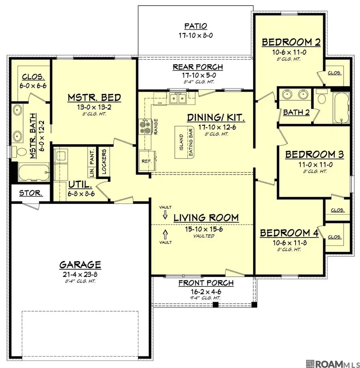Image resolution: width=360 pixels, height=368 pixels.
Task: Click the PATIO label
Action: pos(196,26)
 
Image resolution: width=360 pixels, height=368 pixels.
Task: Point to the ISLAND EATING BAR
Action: pos(186,141)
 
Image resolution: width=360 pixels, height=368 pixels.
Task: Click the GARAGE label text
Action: pos(80,265)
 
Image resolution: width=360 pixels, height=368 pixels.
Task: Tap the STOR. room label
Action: pos(30,193)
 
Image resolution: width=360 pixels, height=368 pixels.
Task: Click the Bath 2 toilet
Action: pos(322,96)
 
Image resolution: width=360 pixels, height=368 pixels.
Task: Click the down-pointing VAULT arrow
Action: pos(166,215)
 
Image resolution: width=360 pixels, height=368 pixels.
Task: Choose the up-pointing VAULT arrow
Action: pos(166,233)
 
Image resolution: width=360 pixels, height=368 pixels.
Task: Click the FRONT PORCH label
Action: pos(206,283)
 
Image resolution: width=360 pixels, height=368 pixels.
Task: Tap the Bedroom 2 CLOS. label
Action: pos(334,73)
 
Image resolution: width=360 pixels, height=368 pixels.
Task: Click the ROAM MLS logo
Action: pos(330,363)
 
